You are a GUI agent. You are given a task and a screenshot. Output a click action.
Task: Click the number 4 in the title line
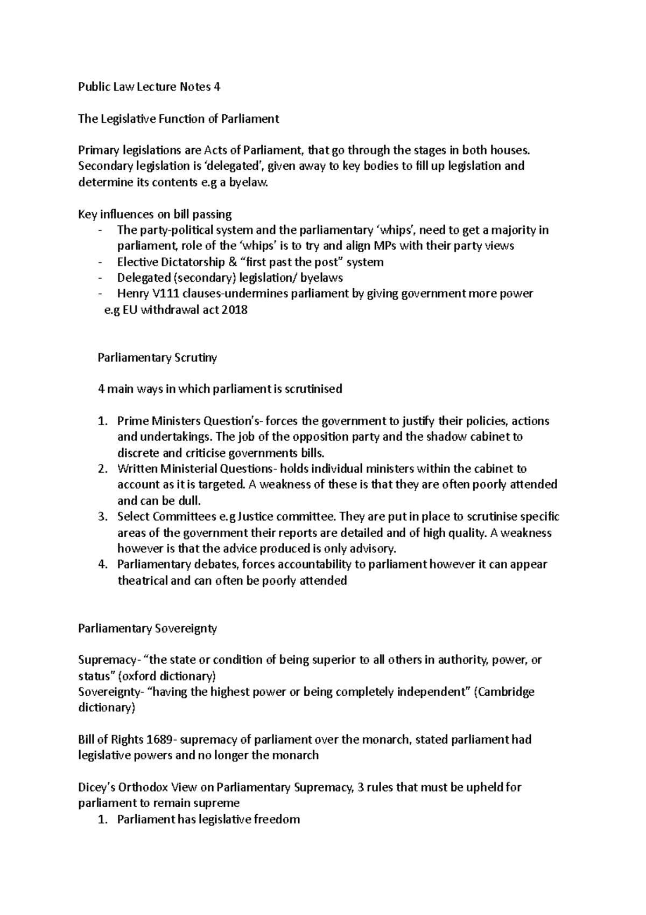pyautogui.click(x=216, y=87)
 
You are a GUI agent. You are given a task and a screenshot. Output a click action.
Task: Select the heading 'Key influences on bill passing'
pyautogui.click(x=155, y=214)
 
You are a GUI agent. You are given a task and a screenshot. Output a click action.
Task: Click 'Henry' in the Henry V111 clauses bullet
pyautogui.click(x=132, y=294)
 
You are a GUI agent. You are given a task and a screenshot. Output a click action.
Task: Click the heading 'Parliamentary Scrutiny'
pyautogui.click(x=157, y=357)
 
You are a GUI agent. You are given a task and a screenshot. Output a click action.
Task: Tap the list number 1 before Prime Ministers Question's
pyautogui.click(x=102, y=421)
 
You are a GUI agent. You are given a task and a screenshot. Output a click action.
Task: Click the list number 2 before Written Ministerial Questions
pyautogui.click(x=102, y=469)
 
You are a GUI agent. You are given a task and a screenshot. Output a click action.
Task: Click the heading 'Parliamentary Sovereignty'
pyautogui.click(x=148, y=628)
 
